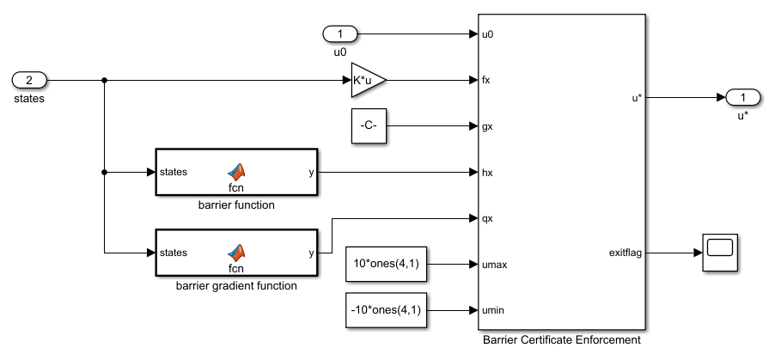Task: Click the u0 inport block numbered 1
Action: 340,34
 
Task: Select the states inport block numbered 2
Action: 29,80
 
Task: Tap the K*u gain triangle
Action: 367,80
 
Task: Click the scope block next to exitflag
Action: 722,253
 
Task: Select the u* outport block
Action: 742,97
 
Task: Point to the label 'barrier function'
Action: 236,205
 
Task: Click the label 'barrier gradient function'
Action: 236,285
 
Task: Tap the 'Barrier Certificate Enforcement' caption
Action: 561,340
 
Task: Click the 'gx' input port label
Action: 488,126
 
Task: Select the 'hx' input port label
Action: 488,173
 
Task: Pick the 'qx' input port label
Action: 488,218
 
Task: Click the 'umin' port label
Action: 492,310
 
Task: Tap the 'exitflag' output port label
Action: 624,253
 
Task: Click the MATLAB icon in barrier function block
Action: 236,170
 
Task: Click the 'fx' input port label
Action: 487,80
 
